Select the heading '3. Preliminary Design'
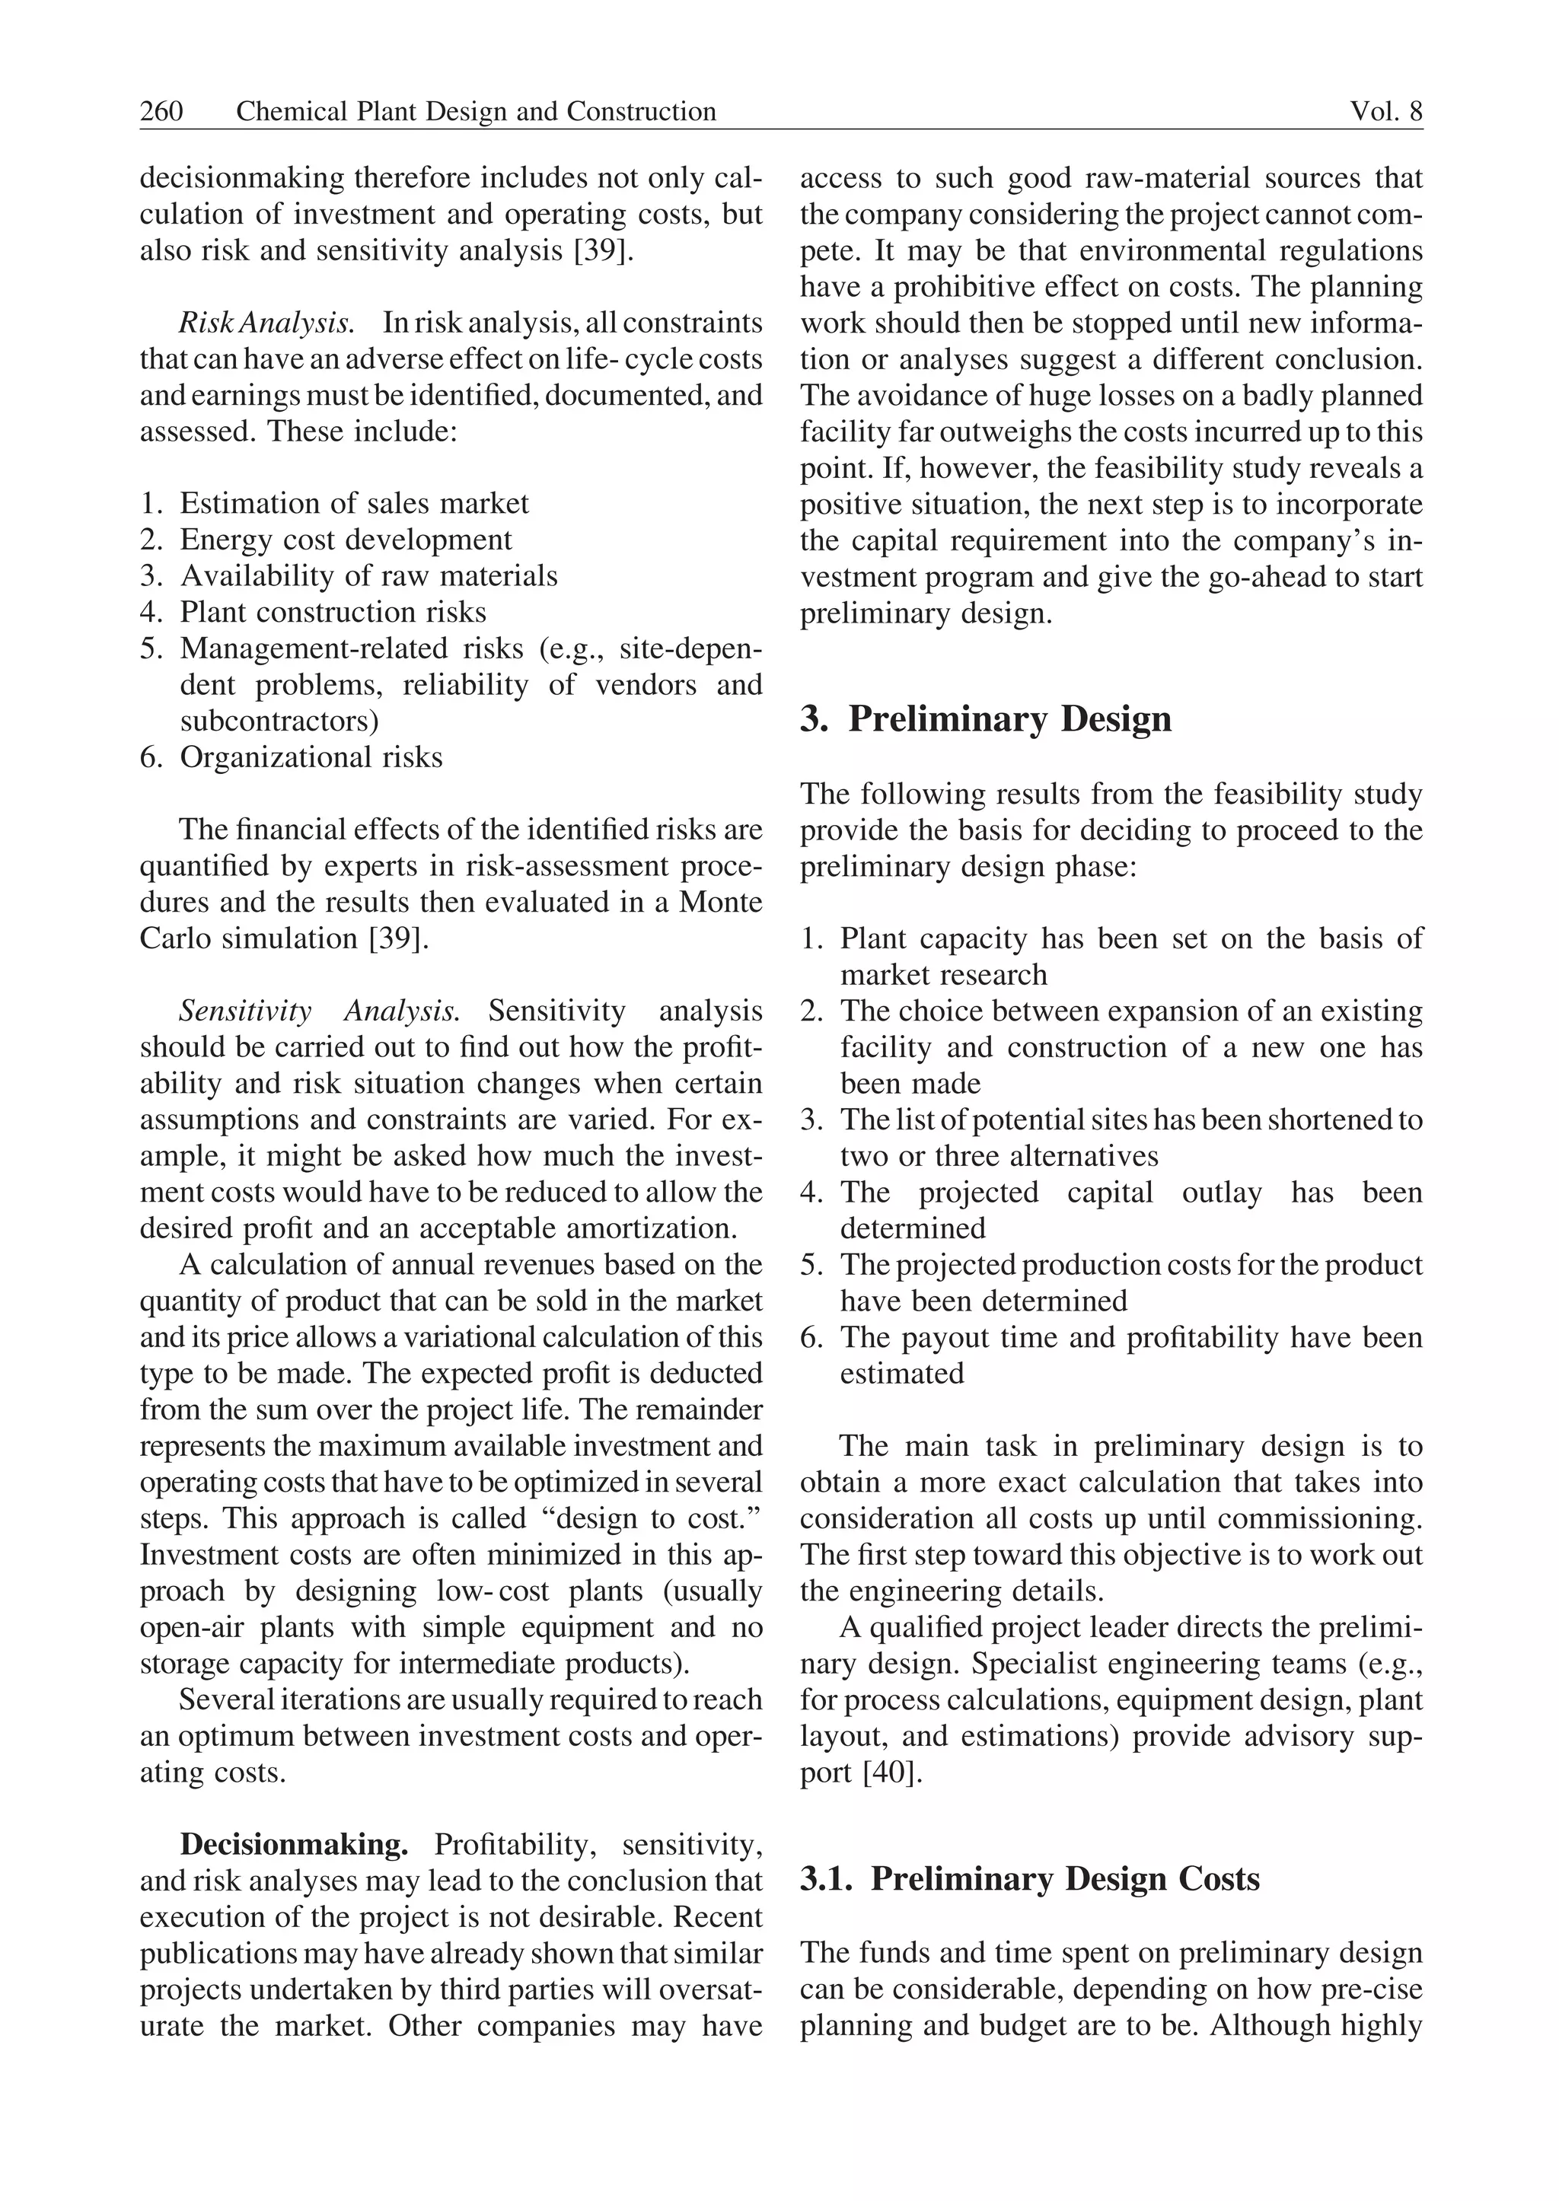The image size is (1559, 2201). click(x=986, y=719)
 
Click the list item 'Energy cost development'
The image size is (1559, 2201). click(x=346, y=540)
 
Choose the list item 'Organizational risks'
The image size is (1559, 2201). click(x=311, y=757)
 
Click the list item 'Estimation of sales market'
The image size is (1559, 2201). click(x=354, y=503)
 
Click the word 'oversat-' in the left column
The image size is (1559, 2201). click(x=702, y=1990)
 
